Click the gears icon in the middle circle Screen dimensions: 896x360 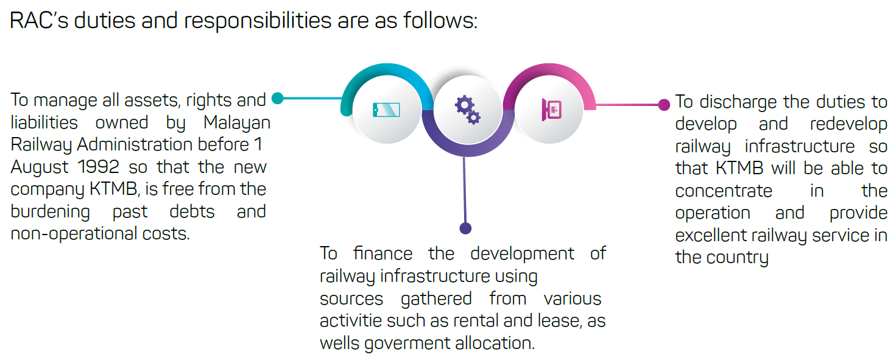click(468, 110)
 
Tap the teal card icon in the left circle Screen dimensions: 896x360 click(386, 110)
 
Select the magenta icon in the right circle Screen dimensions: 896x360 click(552, 109)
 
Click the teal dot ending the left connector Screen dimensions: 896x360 click(277, 98)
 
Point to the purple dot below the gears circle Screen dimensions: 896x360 click(465, 228)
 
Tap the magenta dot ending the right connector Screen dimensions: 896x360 click(664, 105)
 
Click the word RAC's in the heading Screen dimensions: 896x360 click(39, 20)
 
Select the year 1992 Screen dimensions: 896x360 click(99, 167)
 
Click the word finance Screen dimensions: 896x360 click(383, 253)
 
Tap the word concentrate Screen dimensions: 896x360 click(724, 191)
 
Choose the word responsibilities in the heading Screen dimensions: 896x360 click(257, 20)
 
